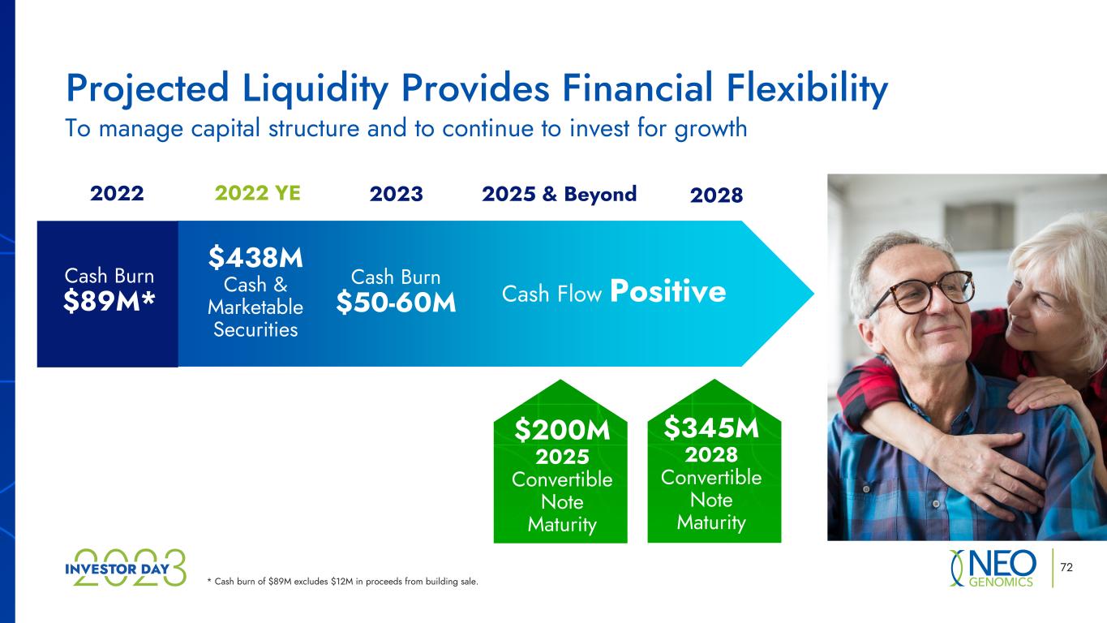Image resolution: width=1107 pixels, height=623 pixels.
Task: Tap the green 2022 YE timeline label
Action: click(257, 193)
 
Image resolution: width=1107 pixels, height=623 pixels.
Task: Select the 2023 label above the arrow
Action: click(397, 194)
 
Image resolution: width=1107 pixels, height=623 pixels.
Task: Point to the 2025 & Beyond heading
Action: click(560, 194)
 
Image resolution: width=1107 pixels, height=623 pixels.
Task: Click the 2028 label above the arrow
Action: click(717, 195)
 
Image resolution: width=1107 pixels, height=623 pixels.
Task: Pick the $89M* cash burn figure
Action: click(109, 301)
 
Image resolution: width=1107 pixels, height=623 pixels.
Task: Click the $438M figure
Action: click(255, 258)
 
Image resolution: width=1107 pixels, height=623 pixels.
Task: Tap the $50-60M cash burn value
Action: click(396, 303)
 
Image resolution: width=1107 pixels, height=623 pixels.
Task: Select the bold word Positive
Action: click(668, 291)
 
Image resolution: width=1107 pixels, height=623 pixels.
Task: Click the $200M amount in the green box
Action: click(562, 430)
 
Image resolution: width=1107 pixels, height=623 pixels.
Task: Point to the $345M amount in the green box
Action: click(711, 428)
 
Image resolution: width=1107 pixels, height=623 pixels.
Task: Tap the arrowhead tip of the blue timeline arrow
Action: click(813, 294)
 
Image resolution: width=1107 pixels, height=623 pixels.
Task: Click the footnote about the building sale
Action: click(342, 582)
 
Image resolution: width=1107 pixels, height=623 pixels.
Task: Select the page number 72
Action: click(1066, 567)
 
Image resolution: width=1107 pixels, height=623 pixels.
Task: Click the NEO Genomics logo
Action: click(993, 568)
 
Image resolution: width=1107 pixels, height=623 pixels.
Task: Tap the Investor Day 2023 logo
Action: click(126, 568)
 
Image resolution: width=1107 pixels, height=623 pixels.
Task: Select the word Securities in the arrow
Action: click(255, 330)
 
